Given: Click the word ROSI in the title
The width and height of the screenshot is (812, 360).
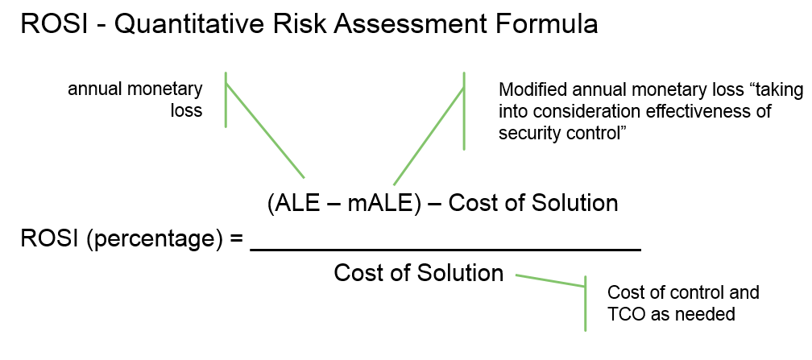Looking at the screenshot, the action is click(53, 24).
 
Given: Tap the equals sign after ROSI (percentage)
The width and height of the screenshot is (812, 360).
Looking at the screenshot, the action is click(236, 239).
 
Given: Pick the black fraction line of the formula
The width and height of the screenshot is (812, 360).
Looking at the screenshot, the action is click(446, 250).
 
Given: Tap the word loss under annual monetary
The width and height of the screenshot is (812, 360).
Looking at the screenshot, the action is click(186, 110).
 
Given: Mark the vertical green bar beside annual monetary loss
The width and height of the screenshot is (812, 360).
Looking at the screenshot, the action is click(226, 99).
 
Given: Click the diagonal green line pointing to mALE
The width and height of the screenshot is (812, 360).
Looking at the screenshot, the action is click(429, 136).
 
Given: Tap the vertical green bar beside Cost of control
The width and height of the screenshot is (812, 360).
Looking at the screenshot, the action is click(586, 304).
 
